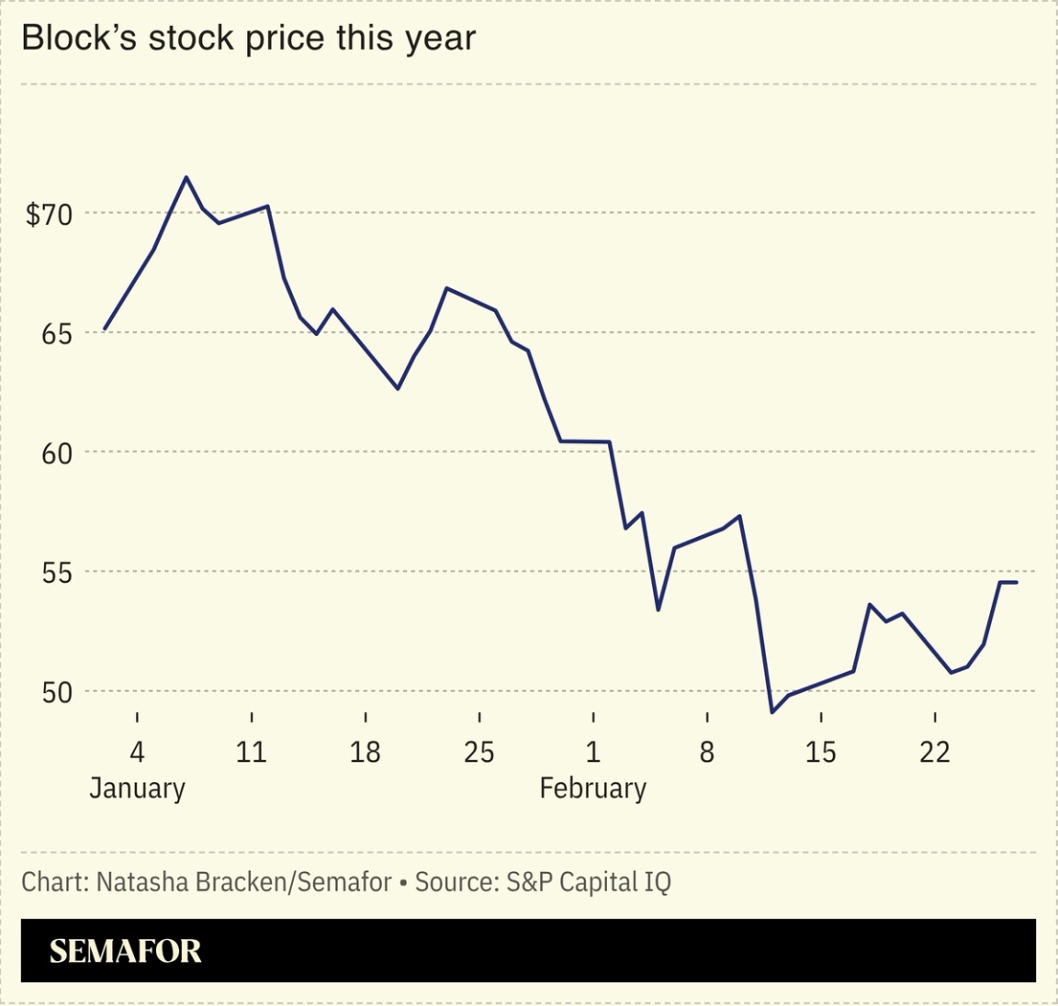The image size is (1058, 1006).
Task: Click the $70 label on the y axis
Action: coord(48,215)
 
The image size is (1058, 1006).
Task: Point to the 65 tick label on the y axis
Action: coord(56,334)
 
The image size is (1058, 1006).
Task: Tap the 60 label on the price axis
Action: coord(56,453)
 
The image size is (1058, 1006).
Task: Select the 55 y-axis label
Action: coord(56,574)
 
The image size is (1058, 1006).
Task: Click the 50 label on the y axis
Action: coord(56,693)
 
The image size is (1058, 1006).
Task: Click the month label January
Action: coord(137,788)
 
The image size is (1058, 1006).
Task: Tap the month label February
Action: coord(592,788)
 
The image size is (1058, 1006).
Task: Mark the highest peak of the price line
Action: coord(186,177)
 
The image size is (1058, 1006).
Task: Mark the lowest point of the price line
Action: coord(772,712)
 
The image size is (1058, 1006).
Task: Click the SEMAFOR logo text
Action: coord(125,952)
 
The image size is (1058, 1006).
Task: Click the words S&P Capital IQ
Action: coord(588,883)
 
